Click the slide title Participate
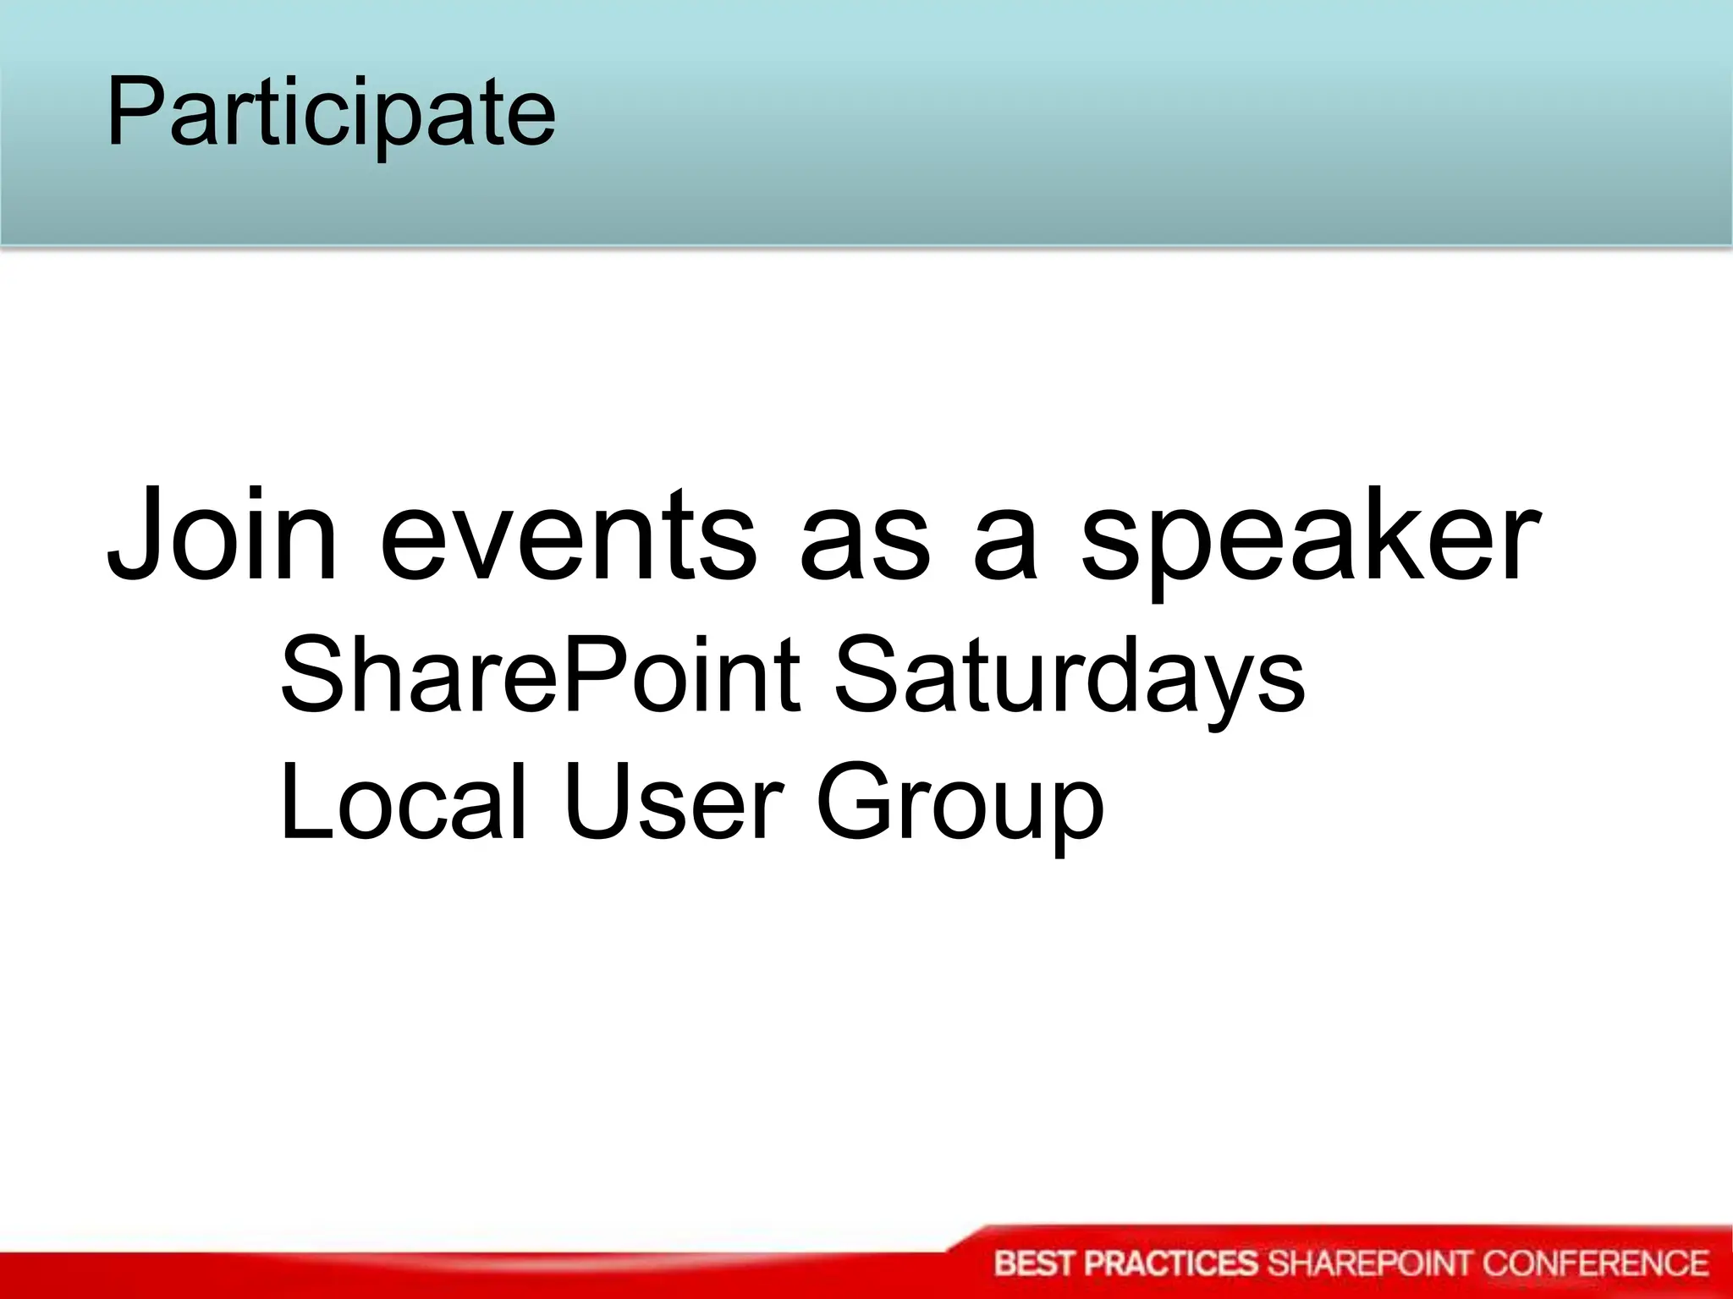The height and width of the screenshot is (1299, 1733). [x=330, y=112]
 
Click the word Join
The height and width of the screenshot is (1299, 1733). [x=222, y=535]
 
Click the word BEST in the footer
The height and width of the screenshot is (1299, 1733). [x=1036, y=1263]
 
